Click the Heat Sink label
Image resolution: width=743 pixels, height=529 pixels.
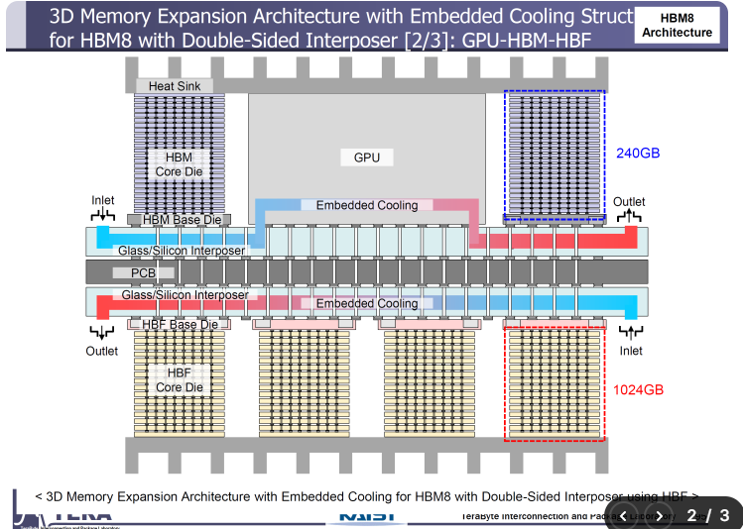coord(175,86)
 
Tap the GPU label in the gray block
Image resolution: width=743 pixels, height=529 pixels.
coord(366,158)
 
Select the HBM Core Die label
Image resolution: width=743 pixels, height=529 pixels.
coord(180,164)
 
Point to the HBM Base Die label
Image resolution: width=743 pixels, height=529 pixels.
coord(180,219)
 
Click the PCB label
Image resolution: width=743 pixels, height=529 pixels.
coord(134,271)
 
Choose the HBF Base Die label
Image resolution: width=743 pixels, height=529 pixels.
coord(180,324)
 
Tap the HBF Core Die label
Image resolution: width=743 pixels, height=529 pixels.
coord(180,379)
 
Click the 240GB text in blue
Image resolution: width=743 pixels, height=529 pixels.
coord(638,154)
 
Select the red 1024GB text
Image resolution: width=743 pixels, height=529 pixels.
coord(638,389)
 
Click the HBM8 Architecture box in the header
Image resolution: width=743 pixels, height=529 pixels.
coord(677,26)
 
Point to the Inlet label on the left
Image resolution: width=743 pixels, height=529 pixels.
coord(103,201)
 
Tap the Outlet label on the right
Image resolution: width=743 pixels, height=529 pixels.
coord(629,202)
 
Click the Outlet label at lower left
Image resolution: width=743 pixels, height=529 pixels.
coord(101,351)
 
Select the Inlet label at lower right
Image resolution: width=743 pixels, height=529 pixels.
coord(631,351)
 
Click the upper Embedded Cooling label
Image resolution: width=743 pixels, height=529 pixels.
coord(367,205)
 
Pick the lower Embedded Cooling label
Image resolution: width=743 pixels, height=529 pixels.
coord(367,304)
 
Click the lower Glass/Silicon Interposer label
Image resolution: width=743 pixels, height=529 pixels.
coord(185,295)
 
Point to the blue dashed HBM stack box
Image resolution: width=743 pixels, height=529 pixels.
coord(554,154)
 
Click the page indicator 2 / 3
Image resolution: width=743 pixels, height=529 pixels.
coord(708,514)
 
